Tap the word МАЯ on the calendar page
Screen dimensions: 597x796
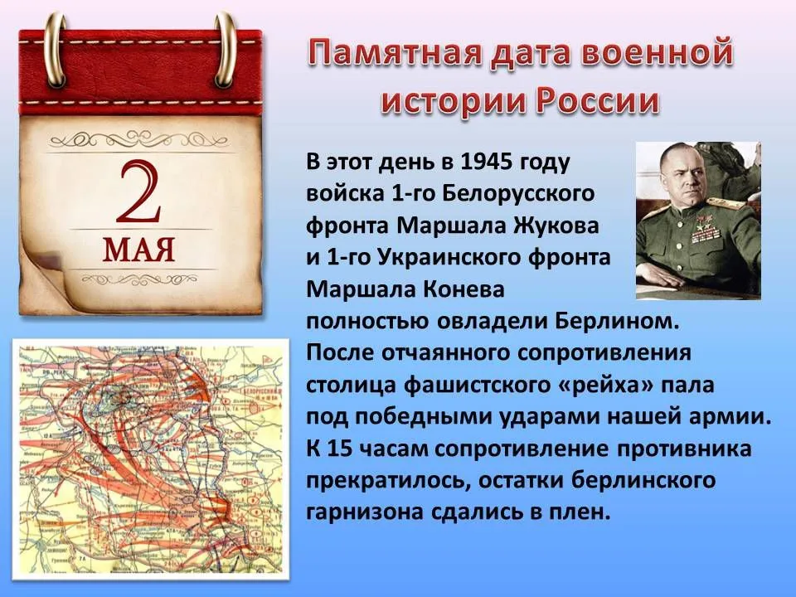pyautogui.click(x=139, y=249)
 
